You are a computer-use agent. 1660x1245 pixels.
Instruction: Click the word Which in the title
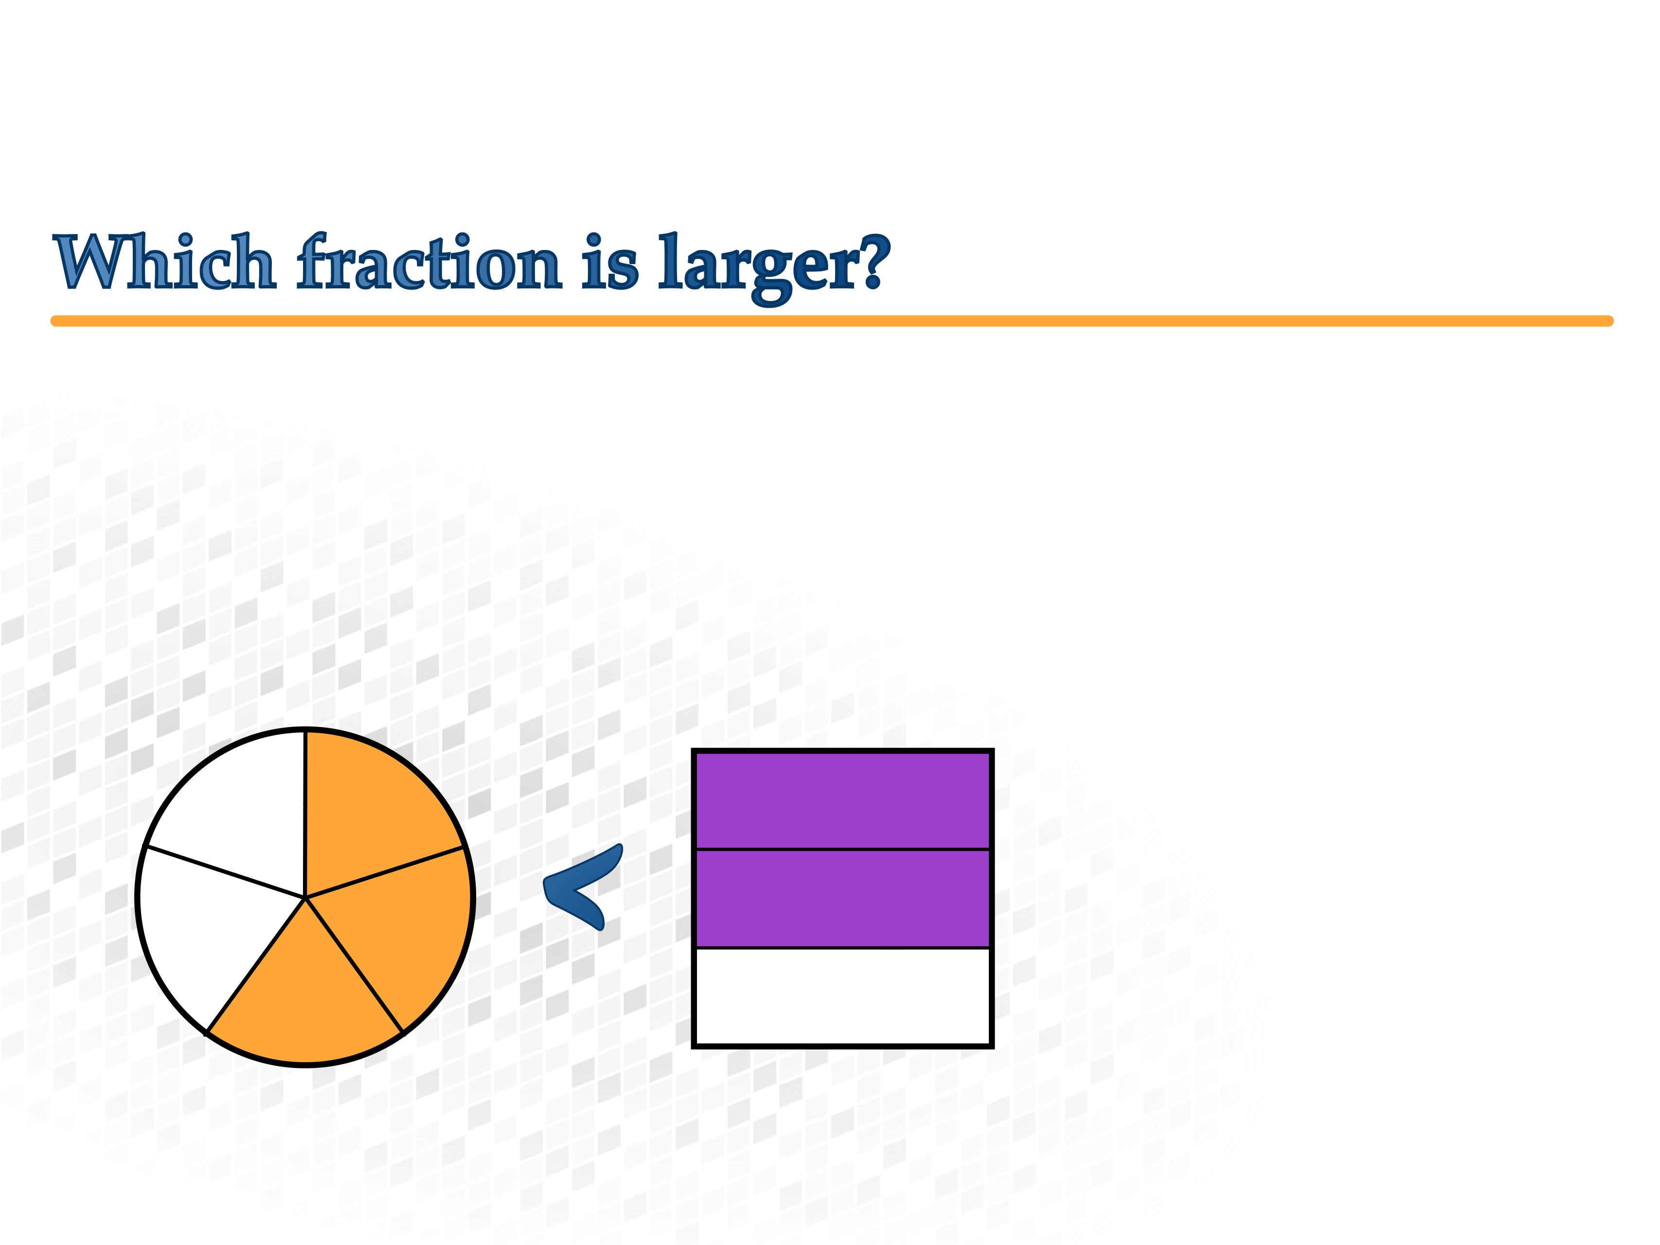pyautogui.click(x=164, y=261)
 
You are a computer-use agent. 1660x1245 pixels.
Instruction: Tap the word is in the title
pyautogui.click(x=610, y=261)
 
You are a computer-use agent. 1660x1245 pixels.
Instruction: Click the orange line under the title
pyautogui.click(x=832, y=321)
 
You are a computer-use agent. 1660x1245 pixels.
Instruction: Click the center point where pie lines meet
pyautogui.click(x=305, y=897)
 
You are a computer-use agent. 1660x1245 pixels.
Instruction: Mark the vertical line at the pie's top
pyautogui.click(x=305, y=814)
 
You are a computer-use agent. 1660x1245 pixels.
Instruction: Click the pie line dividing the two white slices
pyautogui.click(x=226, y=871)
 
